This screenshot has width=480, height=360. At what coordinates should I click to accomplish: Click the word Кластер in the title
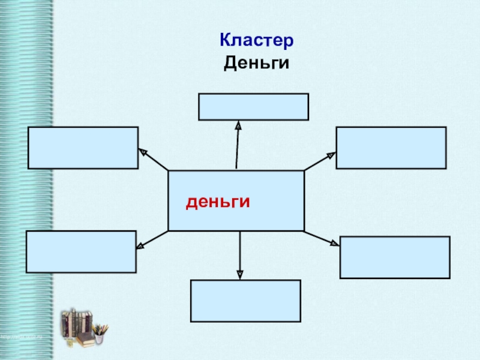(256, 41)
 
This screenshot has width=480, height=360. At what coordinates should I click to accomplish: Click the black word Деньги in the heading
(256, 62)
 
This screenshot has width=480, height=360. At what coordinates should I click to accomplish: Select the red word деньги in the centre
(217, 202)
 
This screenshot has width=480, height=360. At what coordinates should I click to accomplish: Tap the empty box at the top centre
(253, 107)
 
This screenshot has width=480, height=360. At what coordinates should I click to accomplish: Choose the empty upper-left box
(83, 148)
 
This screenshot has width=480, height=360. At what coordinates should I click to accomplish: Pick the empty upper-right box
(391, 148)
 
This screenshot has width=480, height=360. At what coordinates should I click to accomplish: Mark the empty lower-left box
(81, 252)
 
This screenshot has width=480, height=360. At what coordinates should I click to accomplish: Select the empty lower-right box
(394, 257)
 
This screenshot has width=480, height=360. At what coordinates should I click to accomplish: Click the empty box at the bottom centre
(245, 301)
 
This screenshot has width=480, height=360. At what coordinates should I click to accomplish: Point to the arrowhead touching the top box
(238, 126)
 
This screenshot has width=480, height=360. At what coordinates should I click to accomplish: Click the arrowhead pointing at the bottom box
(240, 274)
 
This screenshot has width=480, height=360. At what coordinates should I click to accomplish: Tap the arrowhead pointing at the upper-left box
(143, 152)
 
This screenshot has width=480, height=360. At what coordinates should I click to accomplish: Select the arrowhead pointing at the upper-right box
(330, 155)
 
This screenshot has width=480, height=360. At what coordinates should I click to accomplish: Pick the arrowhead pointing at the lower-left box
(141, 245)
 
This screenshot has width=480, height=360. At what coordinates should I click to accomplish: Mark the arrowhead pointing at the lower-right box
(334, 242)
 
